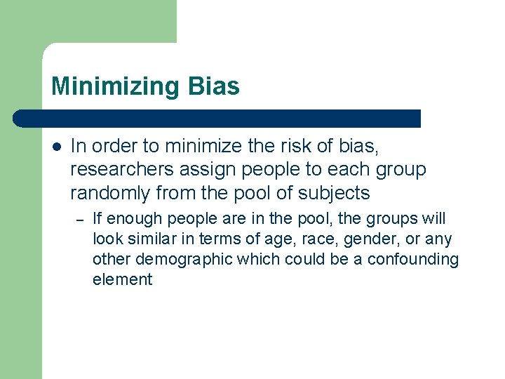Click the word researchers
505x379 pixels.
click(115, 170)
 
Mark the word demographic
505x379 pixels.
click(184, 260)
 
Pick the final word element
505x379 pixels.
click(122, 279)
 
